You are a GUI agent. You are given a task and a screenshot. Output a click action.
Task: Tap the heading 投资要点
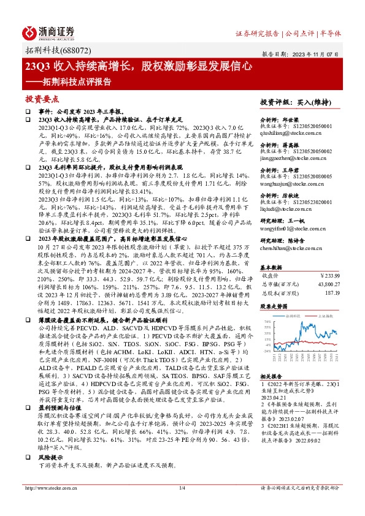(42, 98)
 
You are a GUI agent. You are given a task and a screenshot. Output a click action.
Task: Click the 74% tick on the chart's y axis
(266, 321)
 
